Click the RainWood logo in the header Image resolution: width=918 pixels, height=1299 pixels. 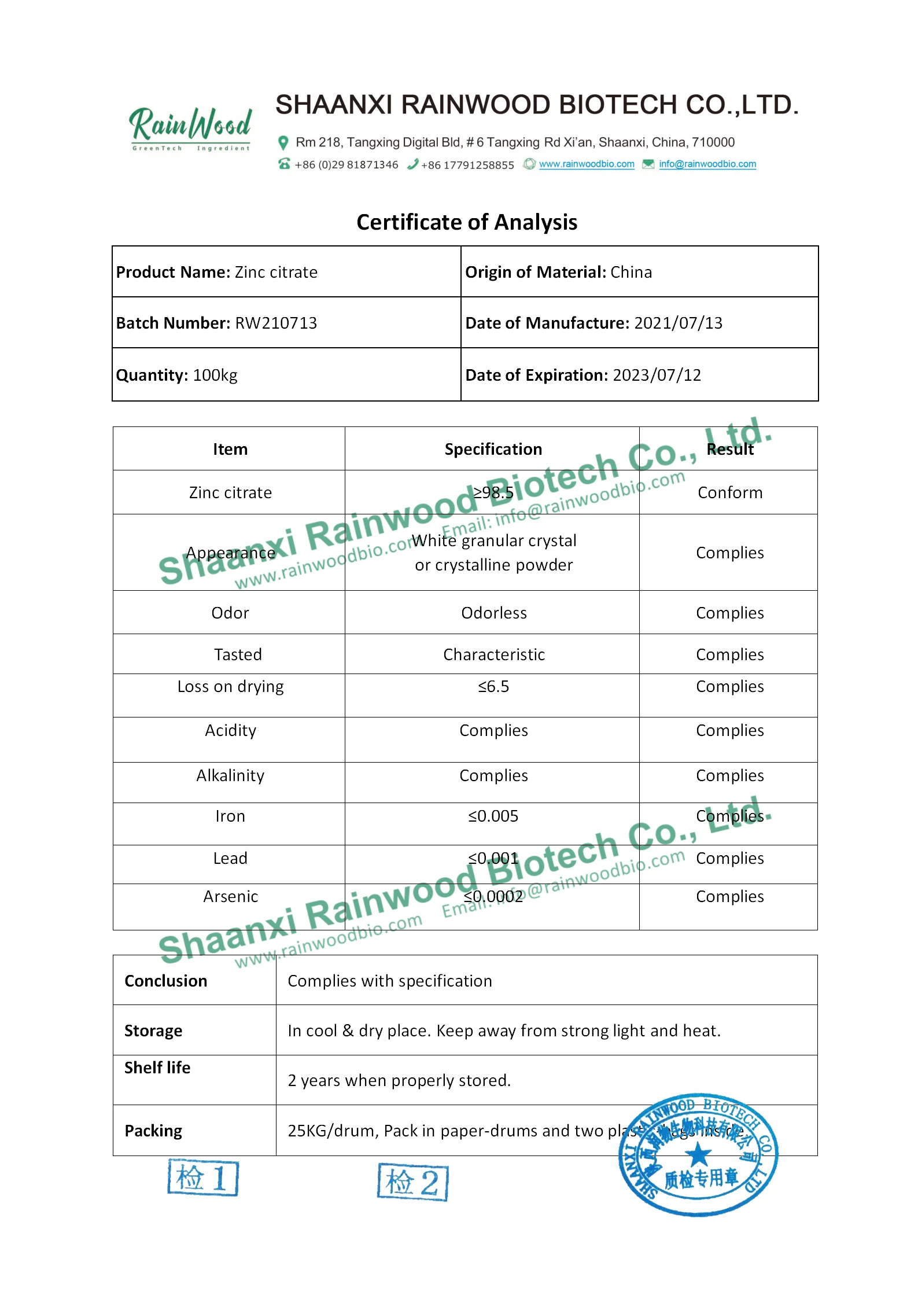pyautogui.click(x=190, y=128)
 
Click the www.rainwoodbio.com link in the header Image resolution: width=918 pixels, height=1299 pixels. pyautogui.click(x=587, y=164)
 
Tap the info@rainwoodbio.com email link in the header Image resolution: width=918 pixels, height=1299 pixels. pyautogui.click(x=707, y=164)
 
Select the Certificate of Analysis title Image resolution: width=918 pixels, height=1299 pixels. pyautogui.click(x=466, y=222)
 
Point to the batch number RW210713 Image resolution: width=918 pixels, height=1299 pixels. pyautogui.click(x=276, y=323)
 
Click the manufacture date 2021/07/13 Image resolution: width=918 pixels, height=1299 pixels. pyautogui.click(x=678, y=323)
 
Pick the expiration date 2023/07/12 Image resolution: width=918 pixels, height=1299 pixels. pyautogui.click(x=657, y=375)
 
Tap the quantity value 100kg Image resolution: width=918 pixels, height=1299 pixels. pyautogui.click(x=215, y=375)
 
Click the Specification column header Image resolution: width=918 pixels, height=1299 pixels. pyautogui.click(x=493, y=449)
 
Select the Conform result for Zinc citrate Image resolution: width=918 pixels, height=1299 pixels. pyautogui.click(x=729, y=492)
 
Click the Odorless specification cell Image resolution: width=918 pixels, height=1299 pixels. pyautogui.click(x=493, y=613)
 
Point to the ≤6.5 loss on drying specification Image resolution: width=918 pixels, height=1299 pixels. pyautogui.click(x=493, y=687)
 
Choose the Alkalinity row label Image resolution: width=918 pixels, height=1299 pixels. pyautogui.click(x=230, y=775)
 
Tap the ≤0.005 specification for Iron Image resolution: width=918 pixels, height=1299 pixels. pyautogui.click(x=493, y=816)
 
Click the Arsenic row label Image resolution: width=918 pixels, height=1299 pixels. pyautogui.click(x=230, y=896)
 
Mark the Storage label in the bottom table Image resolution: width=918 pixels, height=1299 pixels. pyautogui.click(x=153, y=1031)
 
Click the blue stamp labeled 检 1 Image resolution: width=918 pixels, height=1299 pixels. pyautogui.click(x=203, y=1177)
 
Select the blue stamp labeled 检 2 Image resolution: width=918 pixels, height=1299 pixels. pyautogui.click(x=413, y=1182)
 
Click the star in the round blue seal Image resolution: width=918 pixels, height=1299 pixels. pyautogui.click(x=698, y=1156)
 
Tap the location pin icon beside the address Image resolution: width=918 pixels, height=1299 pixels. pyautogui.click(x=283, y=142)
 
